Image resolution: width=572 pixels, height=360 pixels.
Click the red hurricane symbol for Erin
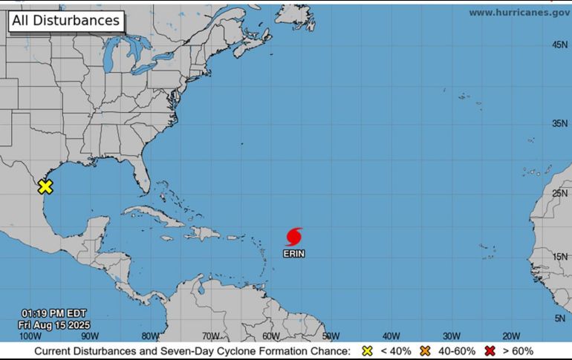294,237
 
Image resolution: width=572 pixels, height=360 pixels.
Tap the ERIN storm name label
294,254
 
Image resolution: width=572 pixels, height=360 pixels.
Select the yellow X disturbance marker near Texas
45,187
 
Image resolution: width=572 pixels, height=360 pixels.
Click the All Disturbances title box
65,21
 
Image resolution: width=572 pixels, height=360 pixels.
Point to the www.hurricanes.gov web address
519,13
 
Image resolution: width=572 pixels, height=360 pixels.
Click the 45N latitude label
560,45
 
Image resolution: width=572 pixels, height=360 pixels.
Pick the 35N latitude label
560,124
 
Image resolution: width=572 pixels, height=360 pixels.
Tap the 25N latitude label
560,194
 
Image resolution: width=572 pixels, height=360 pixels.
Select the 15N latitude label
560,257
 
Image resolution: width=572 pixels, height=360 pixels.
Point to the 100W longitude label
31,336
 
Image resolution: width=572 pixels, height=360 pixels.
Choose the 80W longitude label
150,336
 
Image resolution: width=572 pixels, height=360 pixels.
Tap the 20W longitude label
510,336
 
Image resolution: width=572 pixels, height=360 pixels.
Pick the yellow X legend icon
366,351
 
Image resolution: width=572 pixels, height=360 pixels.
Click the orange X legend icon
426,351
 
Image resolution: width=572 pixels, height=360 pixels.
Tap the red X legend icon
490,351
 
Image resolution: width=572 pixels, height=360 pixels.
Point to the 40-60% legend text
455,351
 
